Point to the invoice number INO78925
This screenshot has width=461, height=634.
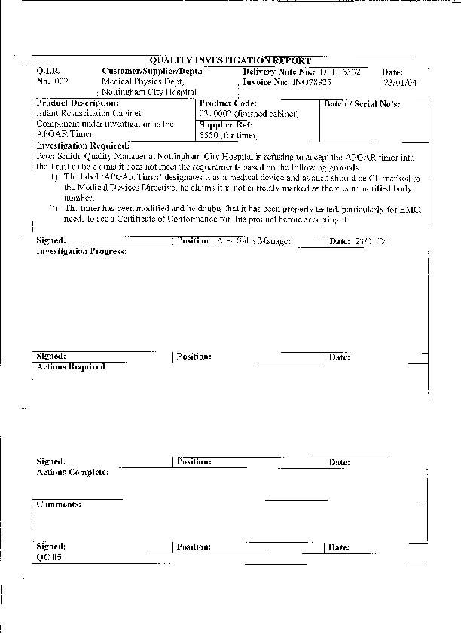click(310, 80)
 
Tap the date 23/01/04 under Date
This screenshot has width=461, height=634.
click(397, 83)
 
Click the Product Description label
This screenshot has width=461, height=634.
click(78, 103)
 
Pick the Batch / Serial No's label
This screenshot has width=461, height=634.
click(362, 103)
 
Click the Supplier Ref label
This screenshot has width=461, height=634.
click(224, 124)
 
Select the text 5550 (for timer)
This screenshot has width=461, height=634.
click(229, 136)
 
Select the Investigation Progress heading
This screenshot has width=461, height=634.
click(82, 251)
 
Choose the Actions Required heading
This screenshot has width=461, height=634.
click(72, 366)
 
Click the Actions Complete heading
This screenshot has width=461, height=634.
click(72, 472)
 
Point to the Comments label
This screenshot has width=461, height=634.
click(59, 503)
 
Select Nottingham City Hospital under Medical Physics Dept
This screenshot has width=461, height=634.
click(149, 90)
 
